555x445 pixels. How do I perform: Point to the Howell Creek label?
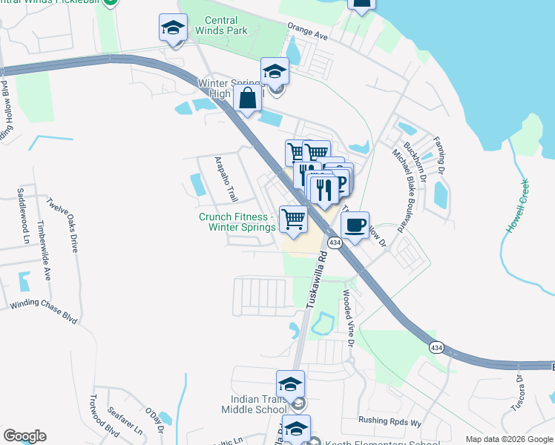click(x=517, y=206)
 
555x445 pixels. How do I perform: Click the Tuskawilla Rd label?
click(x=316, y=280)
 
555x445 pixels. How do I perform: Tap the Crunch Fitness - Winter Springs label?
click(x=237, y=222)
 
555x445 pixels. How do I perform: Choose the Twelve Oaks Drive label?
click(x=62, y=225)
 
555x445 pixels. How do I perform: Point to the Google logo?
click(x=24, y=436)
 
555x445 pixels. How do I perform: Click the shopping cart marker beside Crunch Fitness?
click(x=293, y=220)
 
